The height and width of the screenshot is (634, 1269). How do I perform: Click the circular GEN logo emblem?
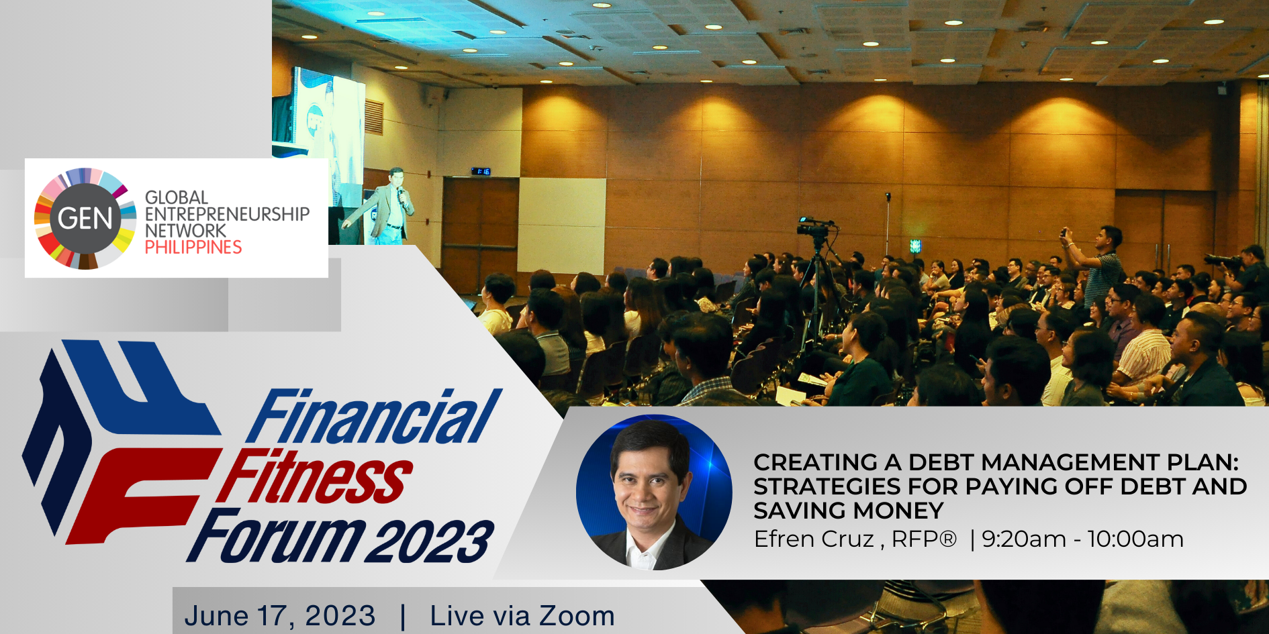point(85,219)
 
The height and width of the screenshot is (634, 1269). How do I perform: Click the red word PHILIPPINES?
point(193,248)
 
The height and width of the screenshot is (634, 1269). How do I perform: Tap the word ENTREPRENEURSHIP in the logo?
point(228,214)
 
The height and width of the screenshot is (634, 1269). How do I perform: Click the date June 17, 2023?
point(280,616)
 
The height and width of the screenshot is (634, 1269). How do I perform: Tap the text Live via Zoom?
point(522,616)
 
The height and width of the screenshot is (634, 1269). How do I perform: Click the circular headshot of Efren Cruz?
point(654,493)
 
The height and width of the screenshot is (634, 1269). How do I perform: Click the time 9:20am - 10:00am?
point(1082,539)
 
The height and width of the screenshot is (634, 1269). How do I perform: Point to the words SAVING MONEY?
point(849,511)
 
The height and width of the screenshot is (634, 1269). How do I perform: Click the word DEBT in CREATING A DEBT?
point(941,462)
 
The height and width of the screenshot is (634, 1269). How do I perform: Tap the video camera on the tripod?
point(814,226)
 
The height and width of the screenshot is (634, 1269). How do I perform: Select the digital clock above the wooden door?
point(481,172)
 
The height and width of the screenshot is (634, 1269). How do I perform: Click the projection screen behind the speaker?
point(328,134)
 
